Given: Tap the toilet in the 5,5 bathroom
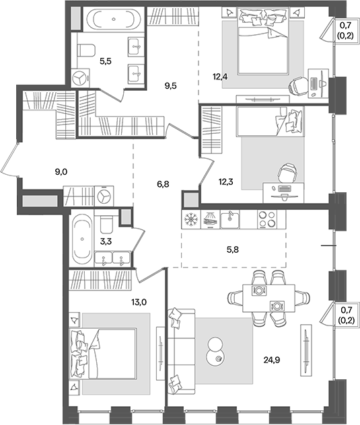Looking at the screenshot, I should [86, 49].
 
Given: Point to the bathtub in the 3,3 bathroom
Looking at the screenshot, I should [82, 239].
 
